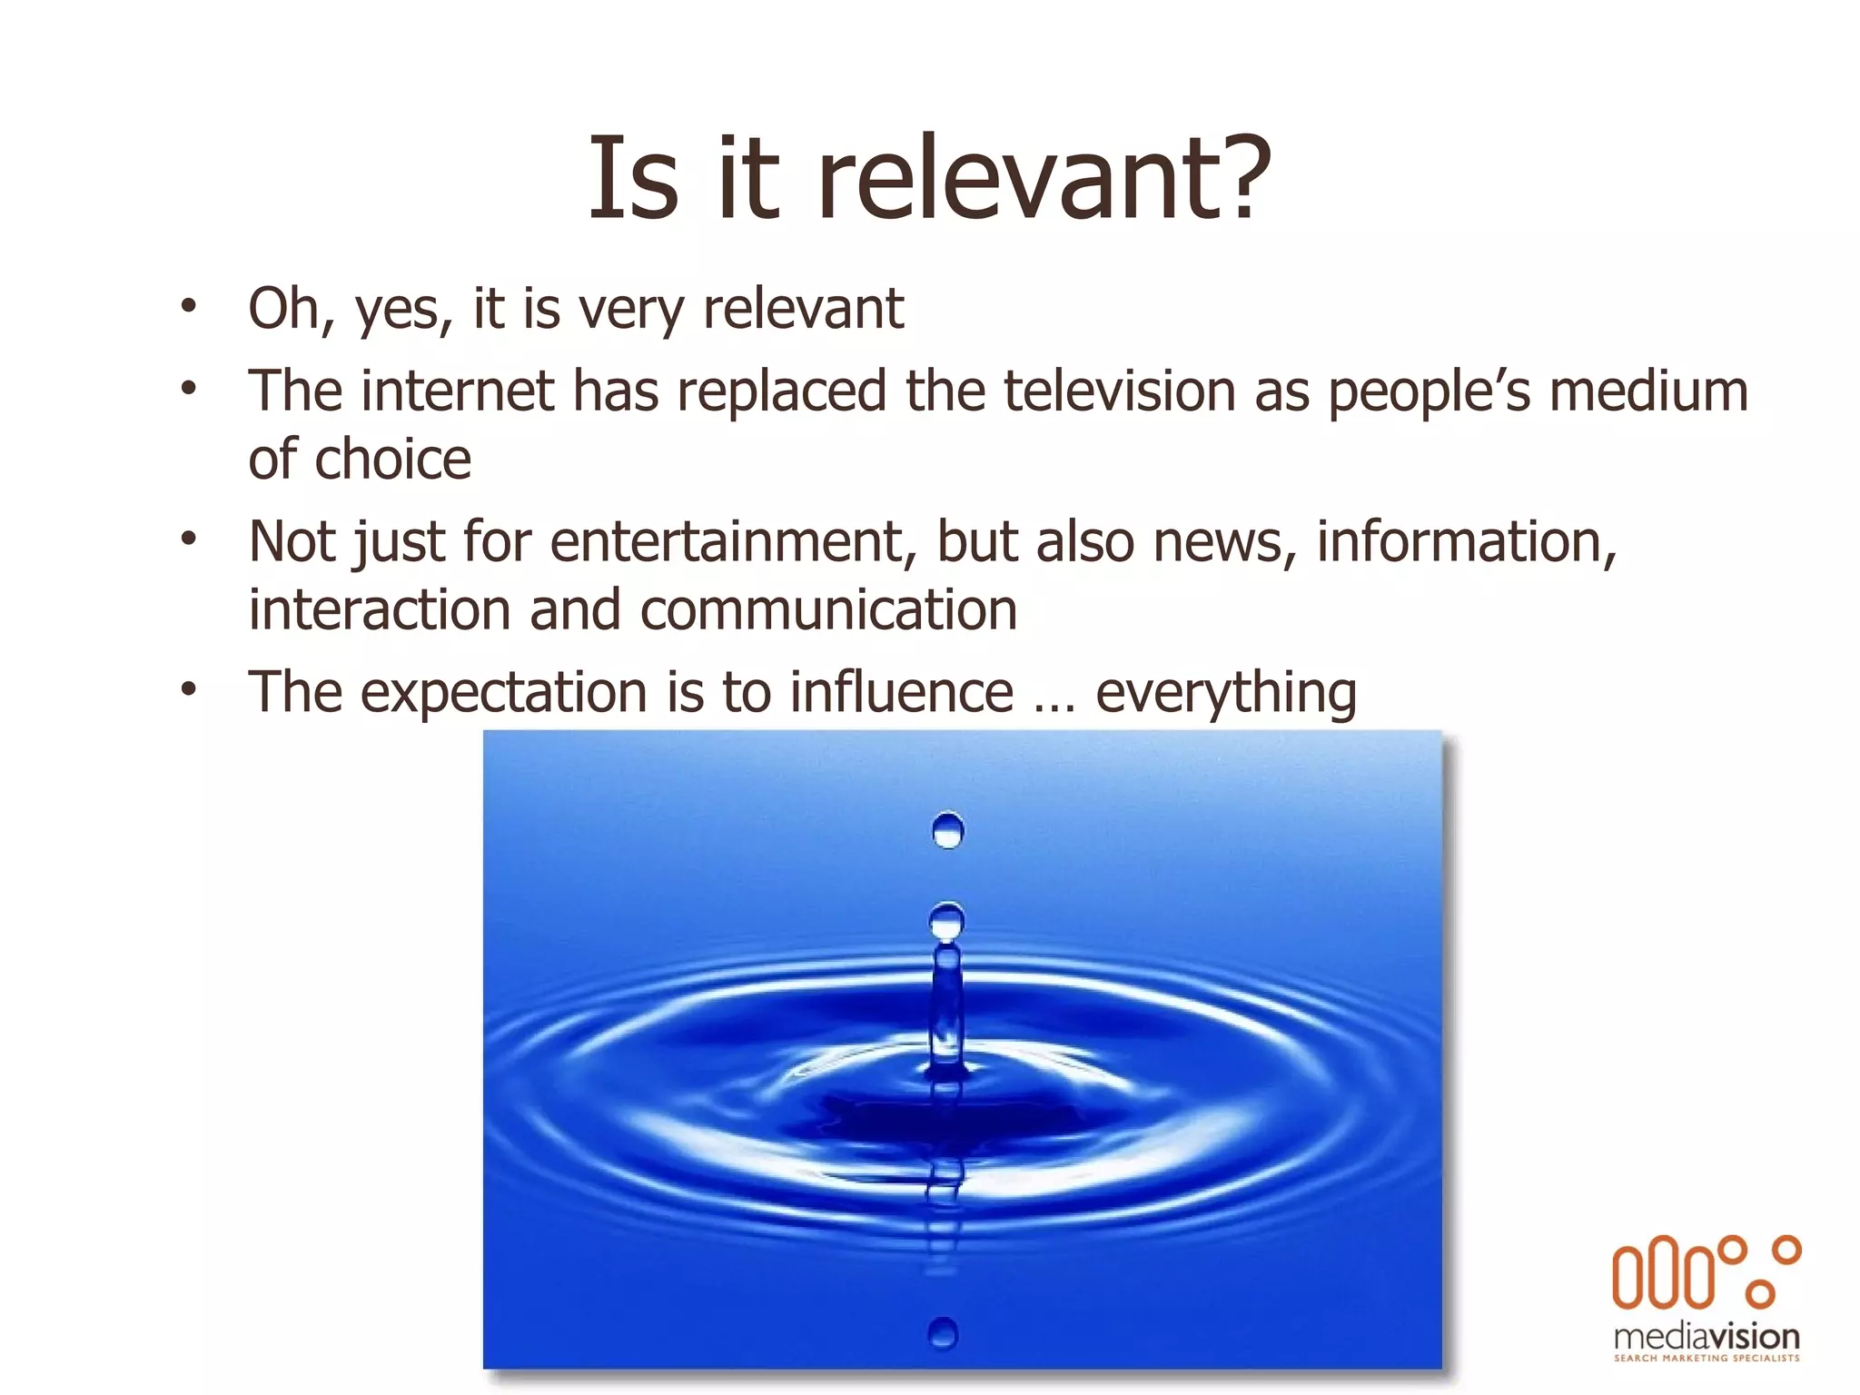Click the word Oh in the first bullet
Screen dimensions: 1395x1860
coord(283,309)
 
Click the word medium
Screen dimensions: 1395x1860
coord(1648,391)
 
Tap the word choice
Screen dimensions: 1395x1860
coord(392,459)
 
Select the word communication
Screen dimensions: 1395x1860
coord(828,609)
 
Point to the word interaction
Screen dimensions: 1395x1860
coord(379,609)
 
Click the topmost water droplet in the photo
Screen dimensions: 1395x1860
coord(947,830)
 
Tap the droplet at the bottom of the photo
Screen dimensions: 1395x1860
coord(943,1332)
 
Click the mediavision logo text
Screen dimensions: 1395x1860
coord(1707,1336)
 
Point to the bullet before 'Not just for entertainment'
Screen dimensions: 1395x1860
coord(188,539)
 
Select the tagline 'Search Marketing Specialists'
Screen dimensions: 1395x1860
coord(1707,1359)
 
